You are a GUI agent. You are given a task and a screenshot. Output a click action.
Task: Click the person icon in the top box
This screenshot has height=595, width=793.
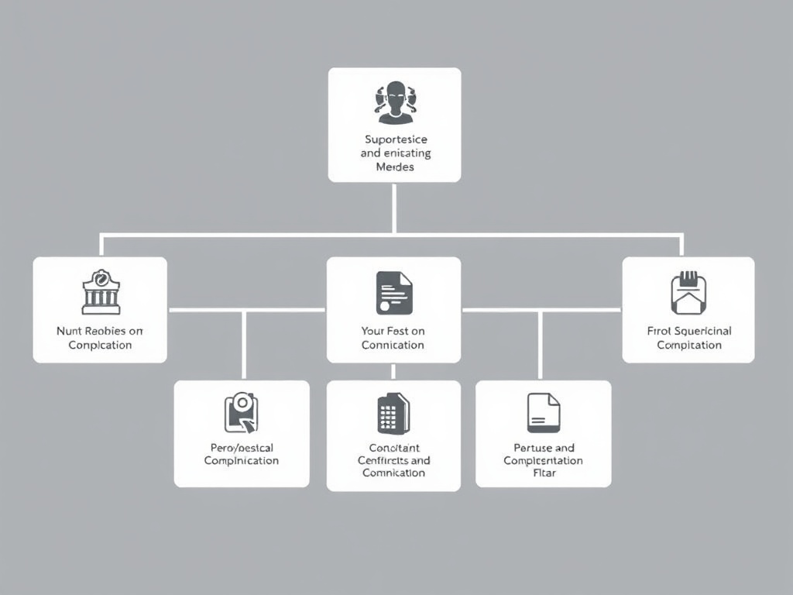click(x=396, y=102)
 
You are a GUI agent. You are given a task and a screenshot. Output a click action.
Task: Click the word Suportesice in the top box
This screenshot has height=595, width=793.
click(x=396, y=139)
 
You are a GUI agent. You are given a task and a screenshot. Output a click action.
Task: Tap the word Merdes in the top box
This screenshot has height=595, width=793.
click(x=395, y=167)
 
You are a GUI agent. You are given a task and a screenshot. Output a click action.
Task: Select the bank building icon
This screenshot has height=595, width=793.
click(x=101, y=292)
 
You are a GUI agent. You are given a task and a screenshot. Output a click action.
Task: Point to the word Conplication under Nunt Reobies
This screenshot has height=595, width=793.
click(x=100, y=345)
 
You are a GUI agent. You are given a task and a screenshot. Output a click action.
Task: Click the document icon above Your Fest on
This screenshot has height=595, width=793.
click(x=394, y=292)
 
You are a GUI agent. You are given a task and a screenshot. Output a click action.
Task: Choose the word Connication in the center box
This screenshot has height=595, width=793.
click(x=393, y=345)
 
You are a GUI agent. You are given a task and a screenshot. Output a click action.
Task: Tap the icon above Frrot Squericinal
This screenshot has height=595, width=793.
click(x=688, y=293)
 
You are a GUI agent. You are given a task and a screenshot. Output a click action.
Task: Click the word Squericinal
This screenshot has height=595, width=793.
click(x=702, y=331)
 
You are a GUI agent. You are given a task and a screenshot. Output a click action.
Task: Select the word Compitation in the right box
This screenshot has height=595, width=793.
click(x=689, y=345)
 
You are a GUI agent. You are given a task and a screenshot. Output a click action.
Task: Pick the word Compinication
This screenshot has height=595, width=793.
click(x=241, y=460)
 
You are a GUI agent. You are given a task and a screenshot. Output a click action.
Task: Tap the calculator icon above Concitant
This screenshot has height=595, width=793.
click(x=393, y=413)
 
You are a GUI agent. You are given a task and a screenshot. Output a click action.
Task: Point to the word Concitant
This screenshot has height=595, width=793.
click(x=393, y=447)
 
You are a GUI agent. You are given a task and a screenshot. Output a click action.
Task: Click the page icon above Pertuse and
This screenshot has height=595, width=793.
click(x=543, y=412)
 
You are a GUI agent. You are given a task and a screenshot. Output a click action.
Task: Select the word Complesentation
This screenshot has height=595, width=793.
click(x=543, y=460)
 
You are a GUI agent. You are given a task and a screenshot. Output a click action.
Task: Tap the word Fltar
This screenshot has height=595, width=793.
click(x=544, y=473)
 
